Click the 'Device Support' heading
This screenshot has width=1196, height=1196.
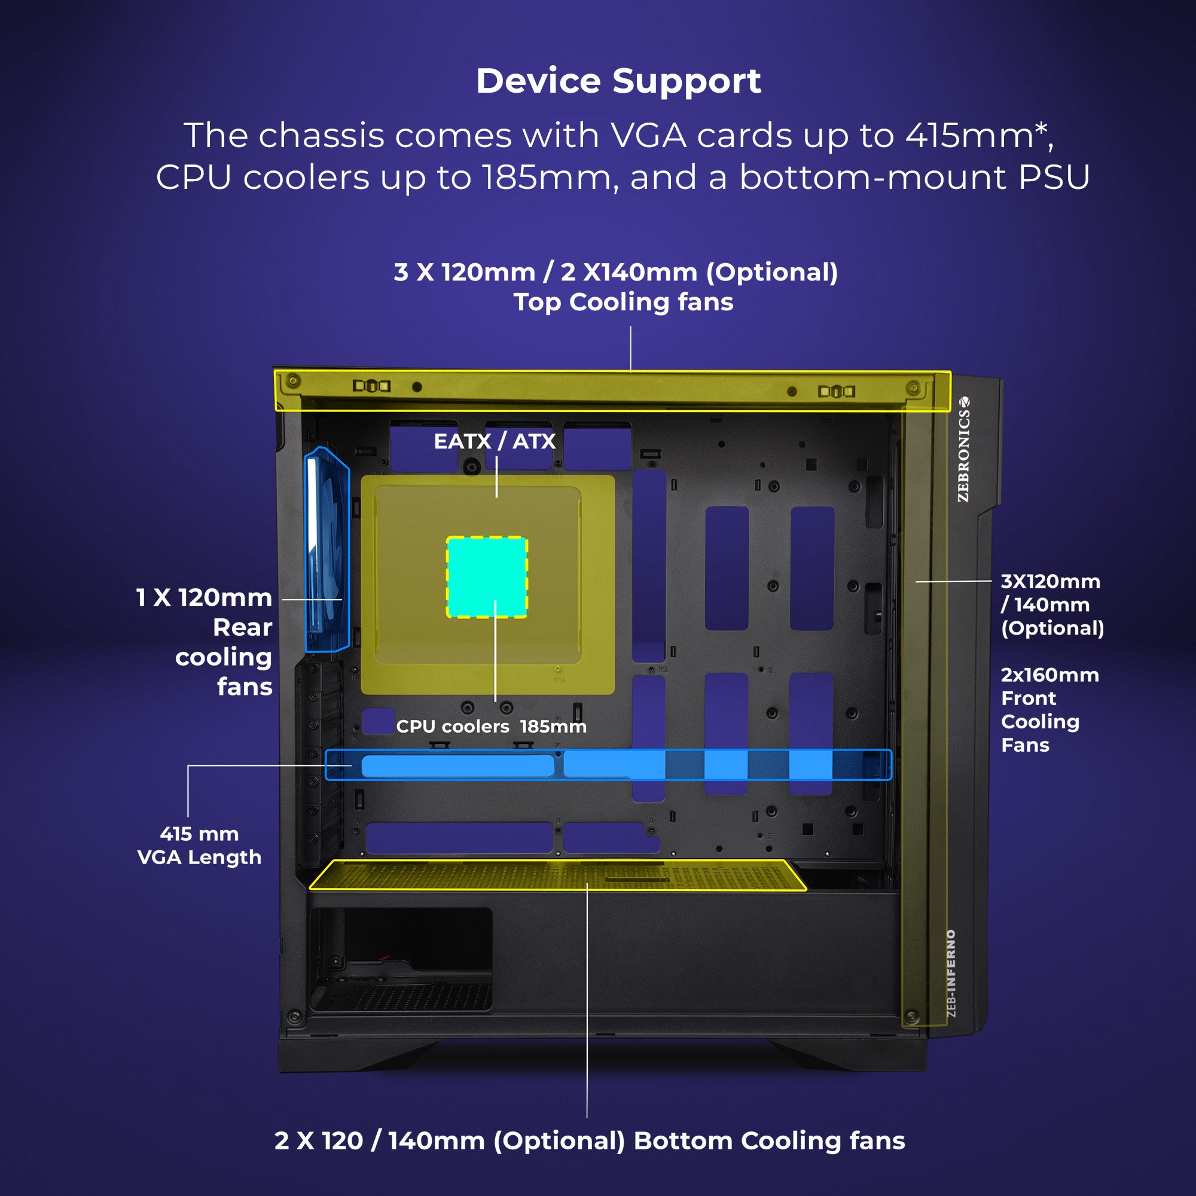tap(618, 81)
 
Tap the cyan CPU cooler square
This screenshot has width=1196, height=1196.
tap(487, 577)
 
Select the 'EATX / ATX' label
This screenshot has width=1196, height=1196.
tap(495, 441)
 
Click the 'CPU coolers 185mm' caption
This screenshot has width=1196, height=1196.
tap(491, 726)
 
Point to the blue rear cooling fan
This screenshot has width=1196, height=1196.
tap(327, 550)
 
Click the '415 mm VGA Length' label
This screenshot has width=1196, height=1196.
tap(199, 846)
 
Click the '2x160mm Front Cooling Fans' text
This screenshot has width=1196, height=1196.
tap(1049, 709)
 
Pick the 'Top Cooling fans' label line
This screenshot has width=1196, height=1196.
tap(623, 302)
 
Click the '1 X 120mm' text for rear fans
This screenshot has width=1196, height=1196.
tap(205, 597)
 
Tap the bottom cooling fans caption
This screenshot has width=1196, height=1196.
tap(590, 1140)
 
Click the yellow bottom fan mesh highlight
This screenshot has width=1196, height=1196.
tap(557, 875)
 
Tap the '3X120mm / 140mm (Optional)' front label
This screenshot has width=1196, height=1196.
tap(1052, 605)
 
